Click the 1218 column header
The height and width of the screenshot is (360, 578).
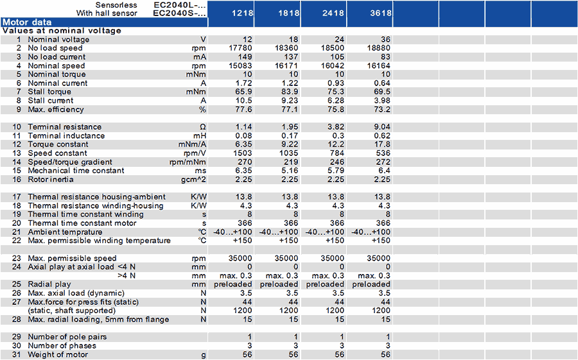click(x=242, y=13)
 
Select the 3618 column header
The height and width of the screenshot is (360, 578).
click(x=381, y=13)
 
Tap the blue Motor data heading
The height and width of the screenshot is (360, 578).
click(x=27, y=22)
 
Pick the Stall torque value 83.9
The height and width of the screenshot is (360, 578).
click(x=290, y=92)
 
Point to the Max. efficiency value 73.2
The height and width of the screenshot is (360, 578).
click(x=381, y=110)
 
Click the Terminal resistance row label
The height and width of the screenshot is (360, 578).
click(x=64, y=127)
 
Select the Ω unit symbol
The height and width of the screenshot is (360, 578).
click(x=202, y=127)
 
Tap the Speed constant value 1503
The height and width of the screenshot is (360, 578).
click(x=243, y=153)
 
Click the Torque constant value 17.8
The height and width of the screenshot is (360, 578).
click(x=382, y=144)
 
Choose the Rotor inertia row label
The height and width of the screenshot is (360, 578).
click(x=51, y=180)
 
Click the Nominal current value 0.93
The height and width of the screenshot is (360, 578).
click(x=335, y=83)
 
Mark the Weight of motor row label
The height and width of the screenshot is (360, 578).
click(x=58, y=354)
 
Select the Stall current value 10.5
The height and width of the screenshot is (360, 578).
click(x=243, y=101)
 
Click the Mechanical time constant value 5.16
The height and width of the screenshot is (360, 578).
click(x=290, y=171)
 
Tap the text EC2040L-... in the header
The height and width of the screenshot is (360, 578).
click(x=180, y=5)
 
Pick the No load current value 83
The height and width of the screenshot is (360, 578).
click(x=385, y=56)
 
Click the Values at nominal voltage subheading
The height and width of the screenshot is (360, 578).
click(x=62, y=31)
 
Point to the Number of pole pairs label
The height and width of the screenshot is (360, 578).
click(x=67, y=337)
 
